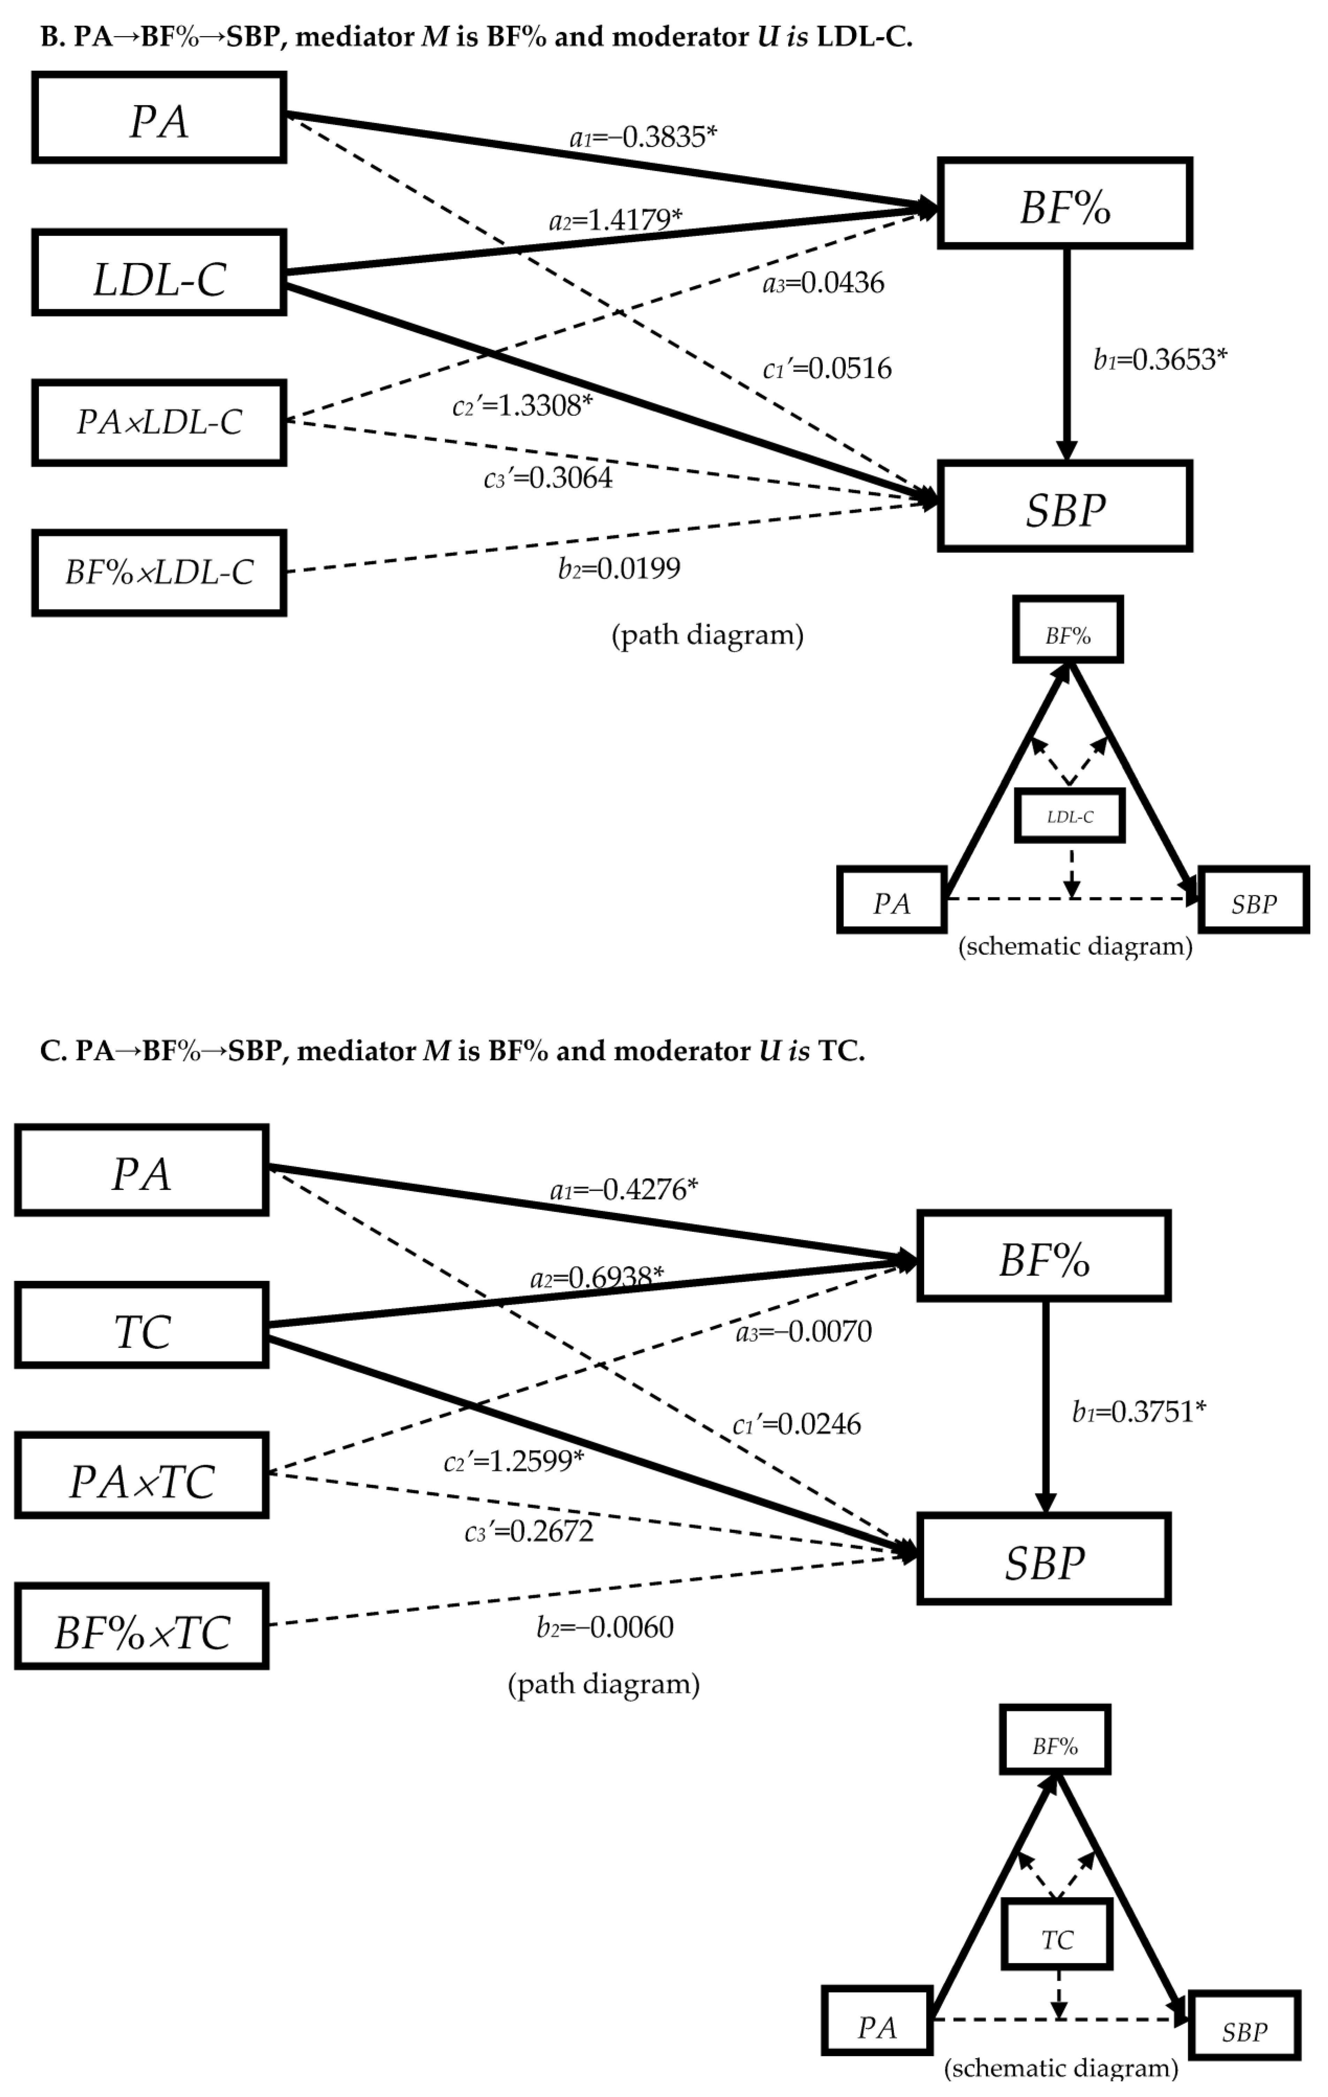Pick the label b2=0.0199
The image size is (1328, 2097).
(619, 569)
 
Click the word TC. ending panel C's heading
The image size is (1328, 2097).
(840, 1051)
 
